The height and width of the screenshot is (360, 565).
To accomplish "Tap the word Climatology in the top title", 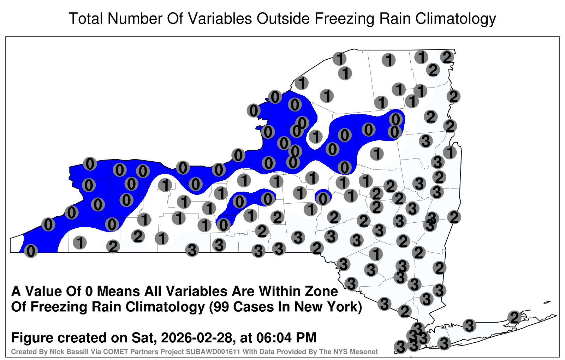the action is pos(456,19).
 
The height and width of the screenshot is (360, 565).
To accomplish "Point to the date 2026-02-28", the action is pos(196,337).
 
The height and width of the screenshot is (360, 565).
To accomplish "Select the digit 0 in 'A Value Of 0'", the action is pos(89,291).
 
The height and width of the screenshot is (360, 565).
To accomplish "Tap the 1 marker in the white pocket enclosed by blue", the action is pos(315,137).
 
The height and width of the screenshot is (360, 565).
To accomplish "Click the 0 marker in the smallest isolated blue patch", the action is pos(323,199).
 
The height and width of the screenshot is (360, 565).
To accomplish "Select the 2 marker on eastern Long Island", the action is pos(514,317).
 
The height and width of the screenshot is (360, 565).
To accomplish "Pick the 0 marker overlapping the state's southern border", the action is pos(31,251).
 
